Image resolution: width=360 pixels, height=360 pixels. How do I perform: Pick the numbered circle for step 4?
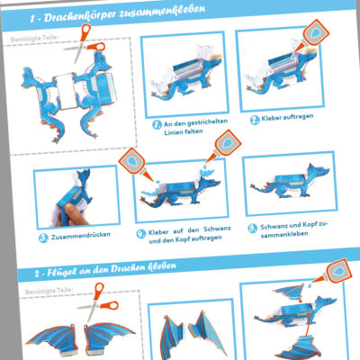[x=141, y=232]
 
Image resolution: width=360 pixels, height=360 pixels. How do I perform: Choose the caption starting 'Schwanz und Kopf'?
[x=293, y=227]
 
